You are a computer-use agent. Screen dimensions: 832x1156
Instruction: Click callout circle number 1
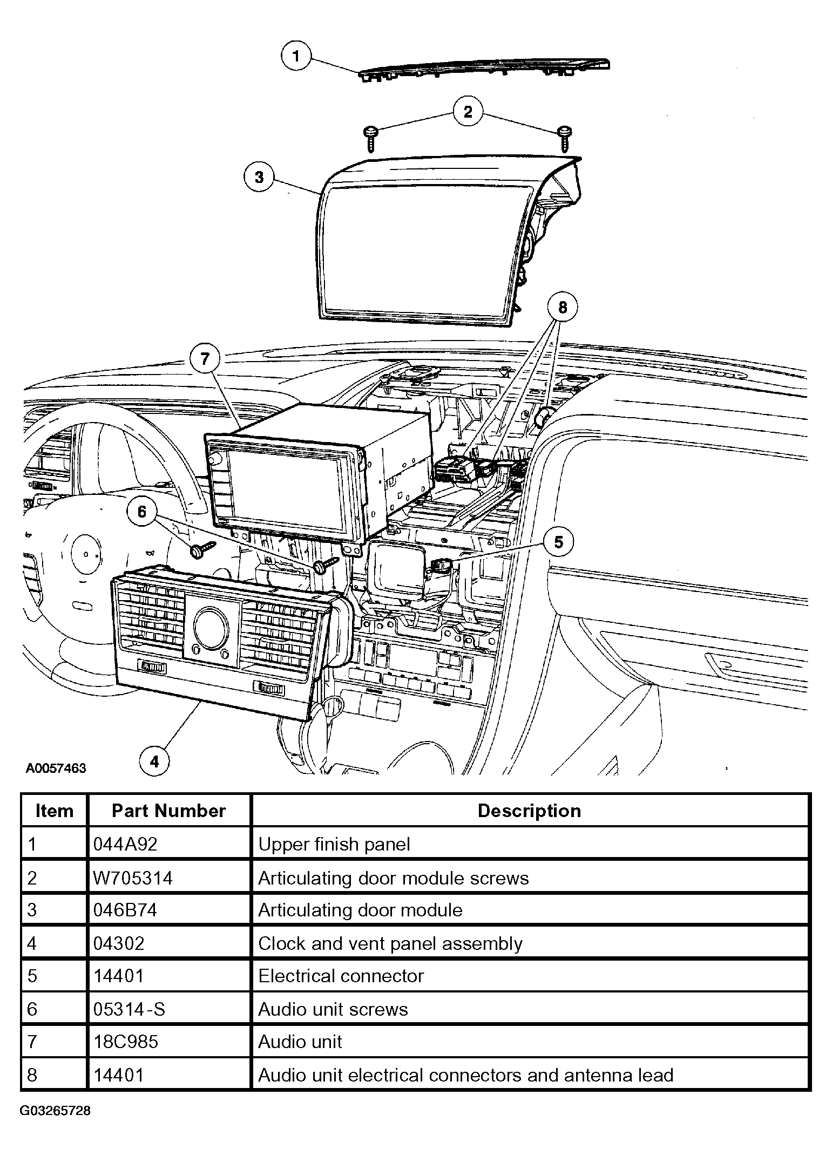point(296,56)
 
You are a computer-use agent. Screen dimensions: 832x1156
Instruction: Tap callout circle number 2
point(468,112)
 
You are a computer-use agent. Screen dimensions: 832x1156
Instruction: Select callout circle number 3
point(259,177)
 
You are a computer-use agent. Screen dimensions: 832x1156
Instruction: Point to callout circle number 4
point(154,761)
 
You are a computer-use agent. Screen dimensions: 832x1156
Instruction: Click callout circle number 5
point(558,542)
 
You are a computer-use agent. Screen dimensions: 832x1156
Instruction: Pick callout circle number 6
point(142,512)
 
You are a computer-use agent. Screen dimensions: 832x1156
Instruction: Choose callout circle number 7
point(205,359)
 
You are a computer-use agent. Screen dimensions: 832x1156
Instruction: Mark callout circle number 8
point(563,308)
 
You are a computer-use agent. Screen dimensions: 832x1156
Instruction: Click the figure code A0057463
point(56,768)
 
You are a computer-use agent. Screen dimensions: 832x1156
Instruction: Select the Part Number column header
point(168,811)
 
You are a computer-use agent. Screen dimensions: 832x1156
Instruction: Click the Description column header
point(529,811)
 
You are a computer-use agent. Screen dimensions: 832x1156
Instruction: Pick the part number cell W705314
point(133,878)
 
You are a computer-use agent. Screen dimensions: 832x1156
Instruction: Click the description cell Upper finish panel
point(334,844)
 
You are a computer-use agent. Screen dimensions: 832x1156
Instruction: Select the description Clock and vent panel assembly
point(390,943)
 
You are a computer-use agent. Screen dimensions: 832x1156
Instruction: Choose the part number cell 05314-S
point(129,1009)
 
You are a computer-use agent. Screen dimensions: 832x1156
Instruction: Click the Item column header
point(54,811)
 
